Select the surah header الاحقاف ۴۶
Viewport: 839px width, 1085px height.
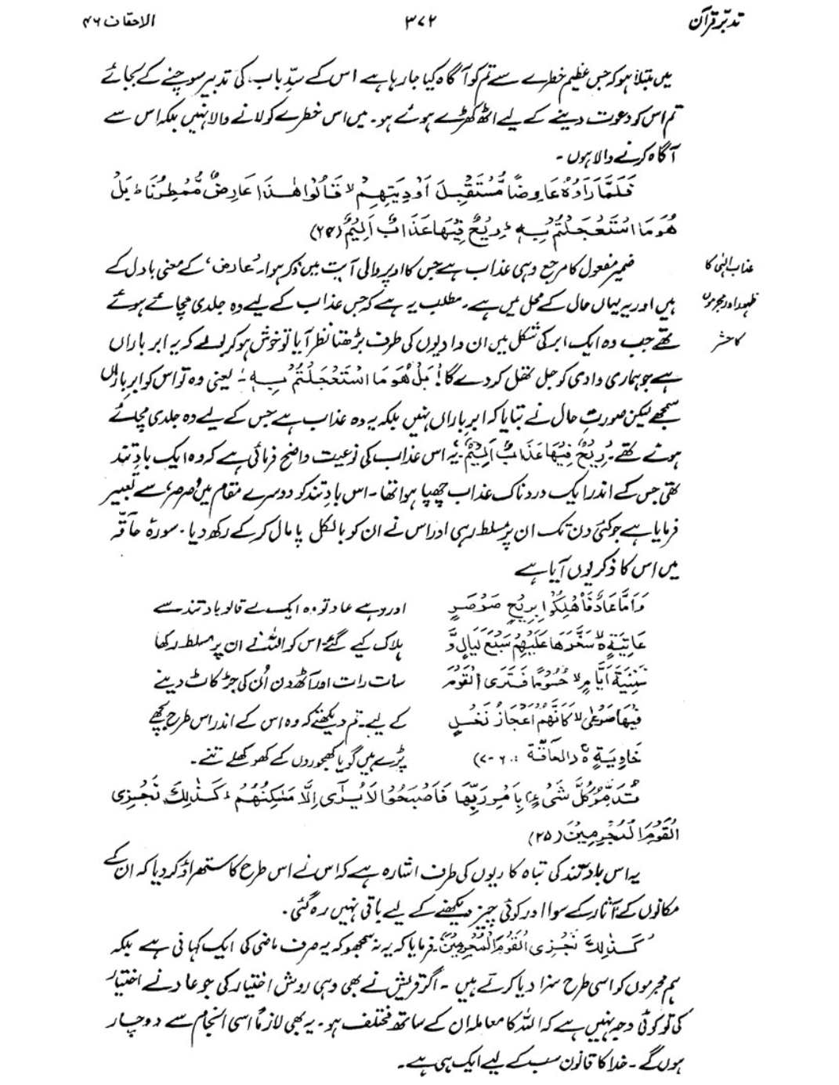click(x=119, y=21)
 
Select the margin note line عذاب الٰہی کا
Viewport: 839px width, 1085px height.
click(x=725, y=268)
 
